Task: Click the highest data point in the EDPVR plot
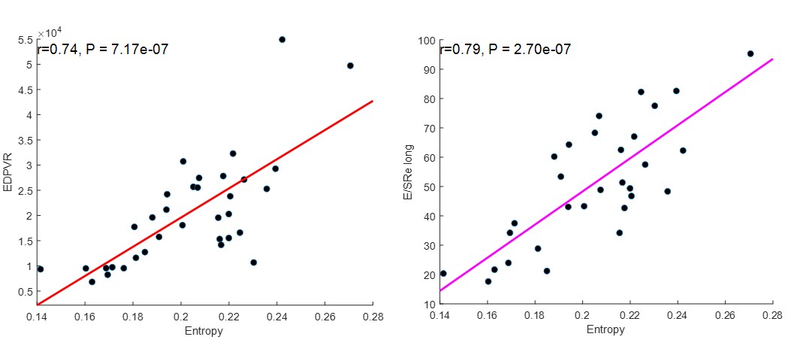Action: coord(282,39)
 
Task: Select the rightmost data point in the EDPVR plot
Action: coord(350,65)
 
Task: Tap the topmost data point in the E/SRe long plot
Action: coord(750,53)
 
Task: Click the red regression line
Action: coord(205,203)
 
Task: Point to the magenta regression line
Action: coord(606,174)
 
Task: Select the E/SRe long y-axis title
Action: coord(408,173)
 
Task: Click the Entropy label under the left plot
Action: coord(205,331)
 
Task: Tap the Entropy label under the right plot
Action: coord(606,329)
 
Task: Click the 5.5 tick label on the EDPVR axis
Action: coord(26,40)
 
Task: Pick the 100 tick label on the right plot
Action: coord(426,41)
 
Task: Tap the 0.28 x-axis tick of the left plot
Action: coord(373,317)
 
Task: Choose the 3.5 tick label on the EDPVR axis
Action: coord(26,141)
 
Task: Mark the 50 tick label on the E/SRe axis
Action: coord(429,187)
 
